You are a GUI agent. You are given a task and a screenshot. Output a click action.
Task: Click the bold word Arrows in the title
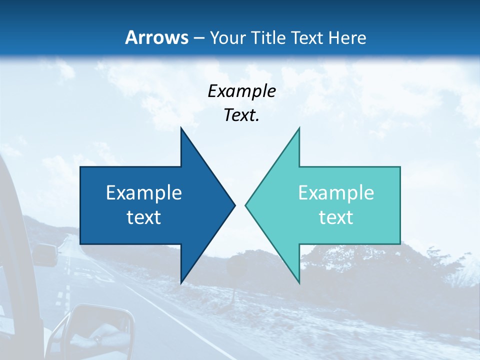click(x=157, y=37)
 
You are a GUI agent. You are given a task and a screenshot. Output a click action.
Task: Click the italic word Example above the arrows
click(x=241, y=91)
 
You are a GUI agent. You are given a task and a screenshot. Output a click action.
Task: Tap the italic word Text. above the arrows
click(x=241, y=115)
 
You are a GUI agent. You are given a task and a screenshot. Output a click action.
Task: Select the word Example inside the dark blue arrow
click(x=144, y=192)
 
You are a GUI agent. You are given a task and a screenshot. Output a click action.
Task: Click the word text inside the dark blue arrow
click(x=144, y=217)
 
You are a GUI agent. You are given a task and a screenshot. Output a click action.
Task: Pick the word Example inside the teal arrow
click(x=336, y=192)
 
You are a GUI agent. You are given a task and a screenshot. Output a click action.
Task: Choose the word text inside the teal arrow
click(x=336, y=217)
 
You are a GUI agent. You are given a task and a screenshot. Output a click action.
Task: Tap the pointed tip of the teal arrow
click(x=246, y=205)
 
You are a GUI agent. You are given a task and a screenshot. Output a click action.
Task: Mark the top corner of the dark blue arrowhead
click(x=181, y=128)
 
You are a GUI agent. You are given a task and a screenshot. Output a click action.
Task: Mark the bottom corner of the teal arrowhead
click(x=299, y=282)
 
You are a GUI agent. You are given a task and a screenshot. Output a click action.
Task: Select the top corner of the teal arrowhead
click(x=299, y=128)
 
